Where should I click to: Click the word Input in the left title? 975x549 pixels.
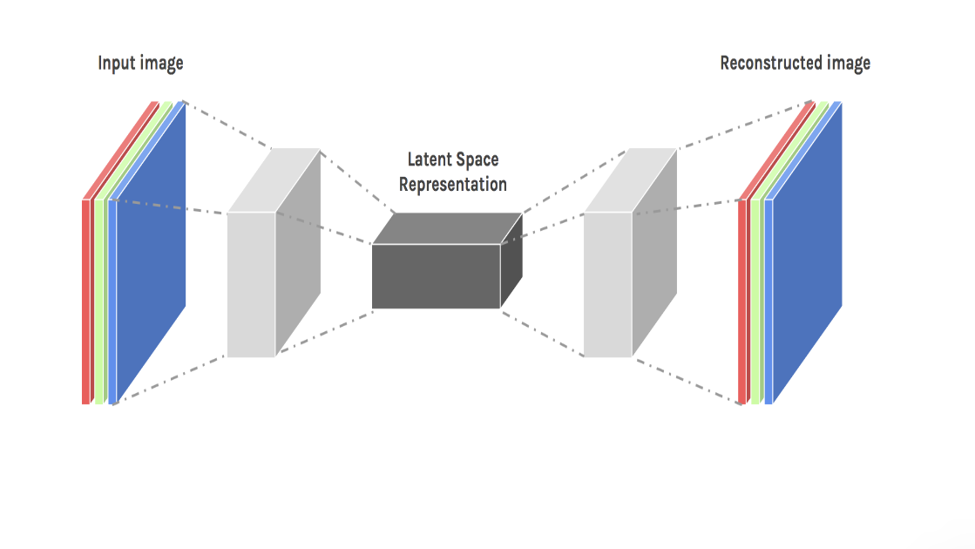[115, 64]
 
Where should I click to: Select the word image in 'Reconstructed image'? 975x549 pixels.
[848, 63]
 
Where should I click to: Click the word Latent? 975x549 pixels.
[430, 160]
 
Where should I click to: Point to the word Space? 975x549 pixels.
[479, 160]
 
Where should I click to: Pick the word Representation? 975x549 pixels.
[453, 184]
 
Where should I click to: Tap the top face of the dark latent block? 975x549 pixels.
[448, 228]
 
